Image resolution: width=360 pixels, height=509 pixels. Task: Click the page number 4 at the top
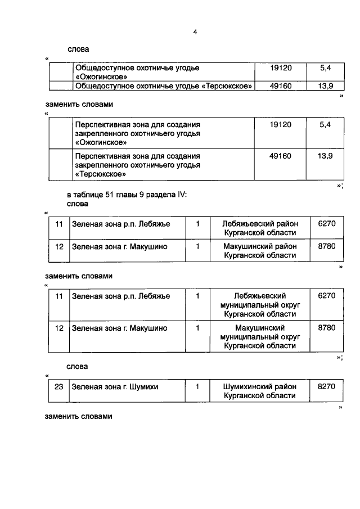pos(195,32)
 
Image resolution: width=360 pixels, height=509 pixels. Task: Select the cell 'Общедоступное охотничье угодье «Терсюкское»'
pos(163,86)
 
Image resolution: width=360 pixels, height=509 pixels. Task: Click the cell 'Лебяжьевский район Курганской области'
pos(259,228)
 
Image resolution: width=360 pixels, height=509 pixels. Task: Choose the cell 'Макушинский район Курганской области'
pos(259,251)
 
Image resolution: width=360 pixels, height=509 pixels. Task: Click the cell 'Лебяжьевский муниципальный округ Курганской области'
pos(259,305)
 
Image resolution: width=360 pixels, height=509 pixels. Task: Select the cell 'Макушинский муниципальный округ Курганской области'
pos(259,336)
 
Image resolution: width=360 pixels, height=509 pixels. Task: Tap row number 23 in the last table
pos(58,387)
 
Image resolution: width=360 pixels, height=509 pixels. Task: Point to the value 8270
pos(326,387)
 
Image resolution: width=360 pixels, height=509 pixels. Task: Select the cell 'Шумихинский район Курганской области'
pos(259,391)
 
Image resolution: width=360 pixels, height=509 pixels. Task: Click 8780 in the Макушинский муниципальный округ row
pos(326,327)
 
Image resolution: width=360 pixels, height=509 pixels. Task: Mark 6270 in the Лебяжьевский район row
pos(326,223)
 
